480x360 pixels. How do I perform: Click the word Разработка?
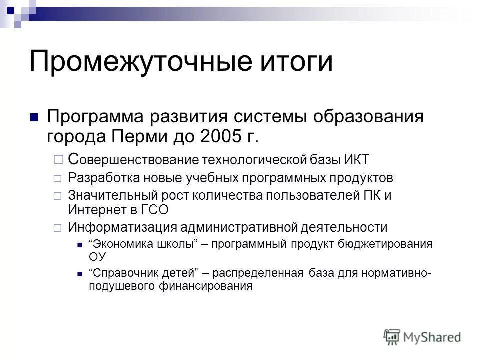point(101,178)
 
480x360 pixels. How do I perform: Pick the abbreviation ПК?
point(373,195)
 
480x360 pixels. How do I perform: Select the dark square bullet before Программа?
point(34,118)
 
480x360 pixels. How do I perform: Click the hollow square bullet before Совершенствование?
point(57,160)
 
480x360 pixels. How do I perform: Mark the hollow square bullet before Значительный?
point(57,195)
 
